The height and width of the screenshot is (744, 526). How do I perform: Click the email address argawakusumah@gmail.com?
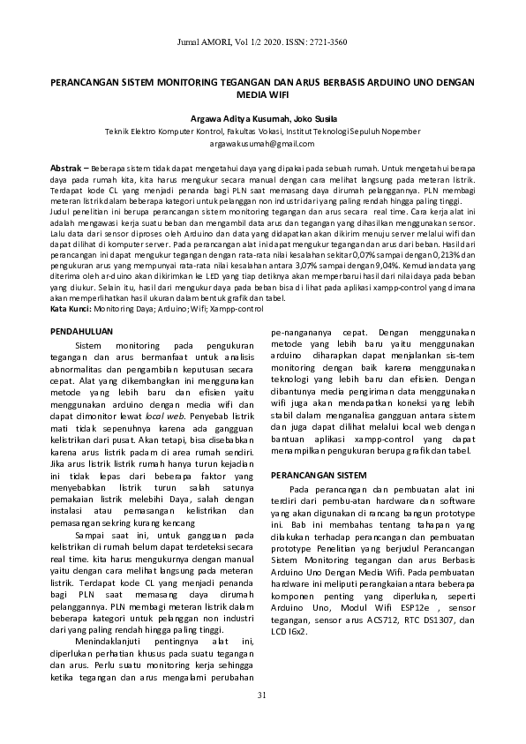(x=262, y=143)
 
